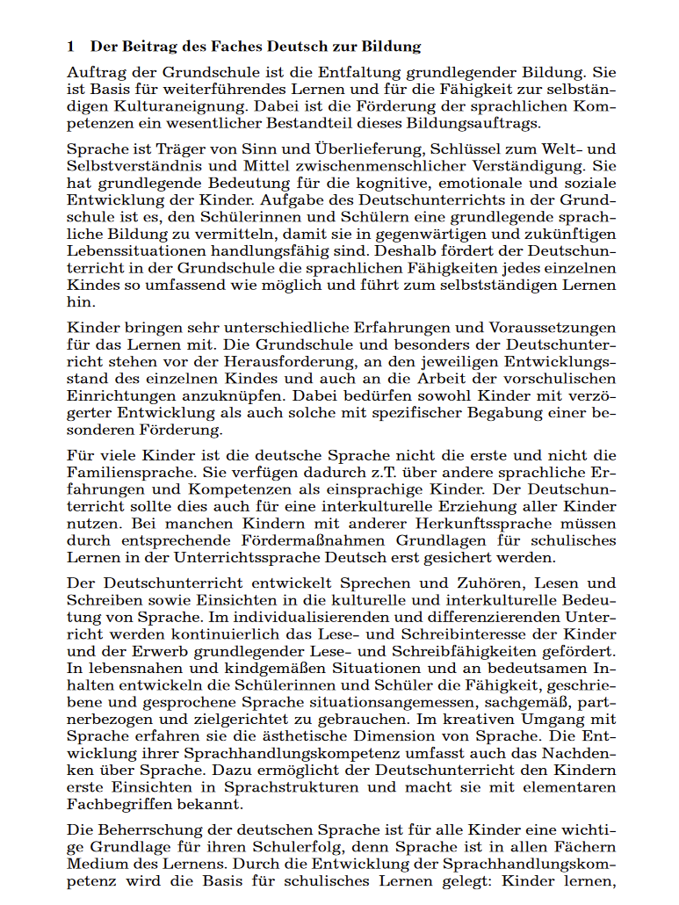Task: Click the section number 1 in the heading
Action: [71, 47]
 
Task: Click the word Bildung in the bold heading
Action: [391, 47]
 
